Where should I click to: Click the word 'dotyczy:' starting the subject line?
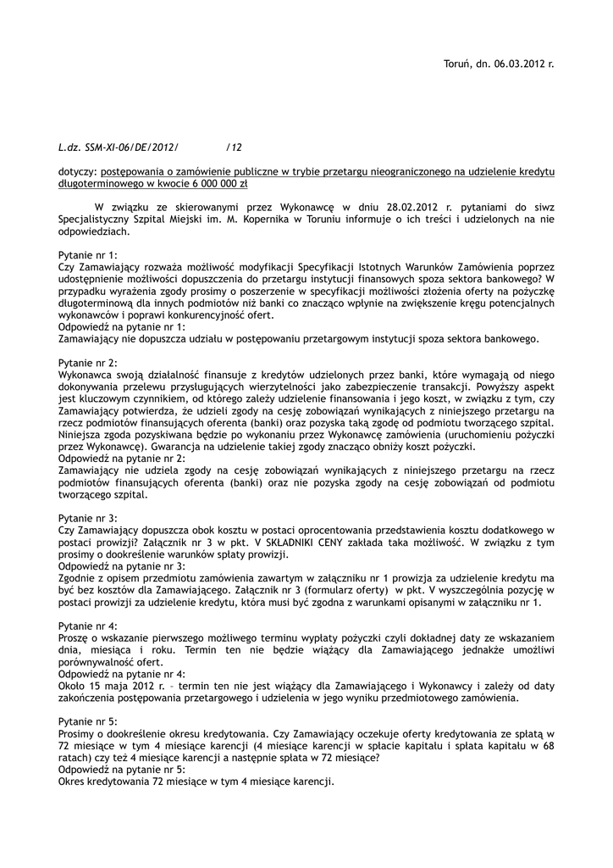click(77, 171)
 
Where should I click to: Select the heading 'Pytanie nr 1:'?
click(88, 254)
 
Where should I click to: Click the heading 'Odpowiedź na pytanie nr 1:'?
click(122, 326)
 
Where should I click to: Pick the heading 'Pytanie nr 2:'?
click(88, 362)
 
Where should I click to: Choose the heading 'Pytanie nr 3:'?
click(88, 517)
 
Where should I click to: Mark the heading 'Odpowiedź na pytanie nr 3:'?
click(122, 565)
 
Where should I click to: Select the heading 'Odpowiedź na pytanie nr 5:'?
click(122, 770)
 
